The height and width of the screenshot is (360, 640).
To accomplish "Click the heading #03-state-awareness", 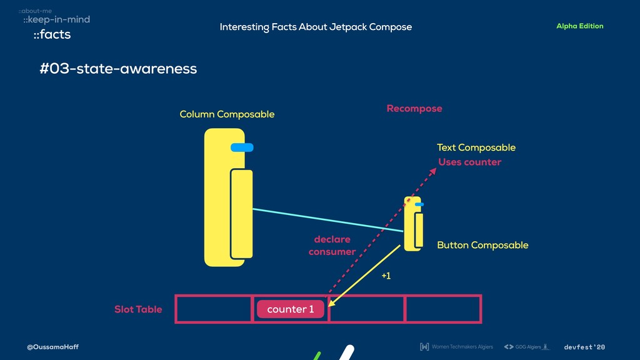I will point(118,69).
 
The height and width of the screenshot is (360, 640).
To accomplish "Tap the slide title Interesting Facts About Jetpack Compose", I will point(316,27).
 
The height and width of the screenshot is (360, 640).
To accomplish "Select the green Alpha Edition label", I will point(579,26).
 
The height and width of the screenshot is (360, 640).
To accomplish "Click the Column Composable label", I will point(227,114).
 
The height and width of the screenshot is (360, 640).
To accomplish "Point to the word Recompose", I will point(414,109).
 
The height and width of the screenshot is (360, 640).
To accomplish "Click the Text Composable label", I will point(476,147).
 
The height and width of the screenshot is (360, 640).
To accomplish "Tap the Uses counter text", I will point(469,162).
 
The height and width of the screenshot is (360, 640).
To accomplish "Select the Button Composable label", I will point(482,245).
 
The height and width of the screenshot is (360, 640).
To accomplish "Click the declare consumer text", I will point(332,246).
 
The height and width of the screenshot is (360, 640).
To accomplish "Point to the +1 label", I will point(386,276).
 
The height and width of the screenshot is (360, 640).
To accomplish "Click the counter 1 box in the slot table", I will point(290,309).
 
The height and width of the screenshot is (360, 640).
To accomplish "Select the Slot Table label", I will point(138,309).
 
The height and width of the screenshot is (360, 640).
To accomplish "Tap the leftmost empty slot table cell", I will point(214,309).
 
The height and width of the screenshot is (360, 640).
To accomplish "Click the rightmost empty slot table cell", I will point(442,309).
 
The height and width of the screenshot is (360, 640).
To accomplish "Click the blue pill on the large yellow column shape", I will point(242,147).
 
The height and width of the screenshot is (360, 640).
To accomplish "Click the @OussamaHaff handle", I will point(52,347).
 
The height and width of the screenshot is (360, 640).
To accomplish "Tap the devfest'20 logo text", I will point(584,347).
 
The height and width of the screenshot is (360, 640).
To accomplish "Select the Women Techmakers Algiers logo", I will point(456,347).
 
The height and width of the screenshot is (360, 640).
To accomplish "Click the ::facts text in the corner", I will point(52,35).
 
